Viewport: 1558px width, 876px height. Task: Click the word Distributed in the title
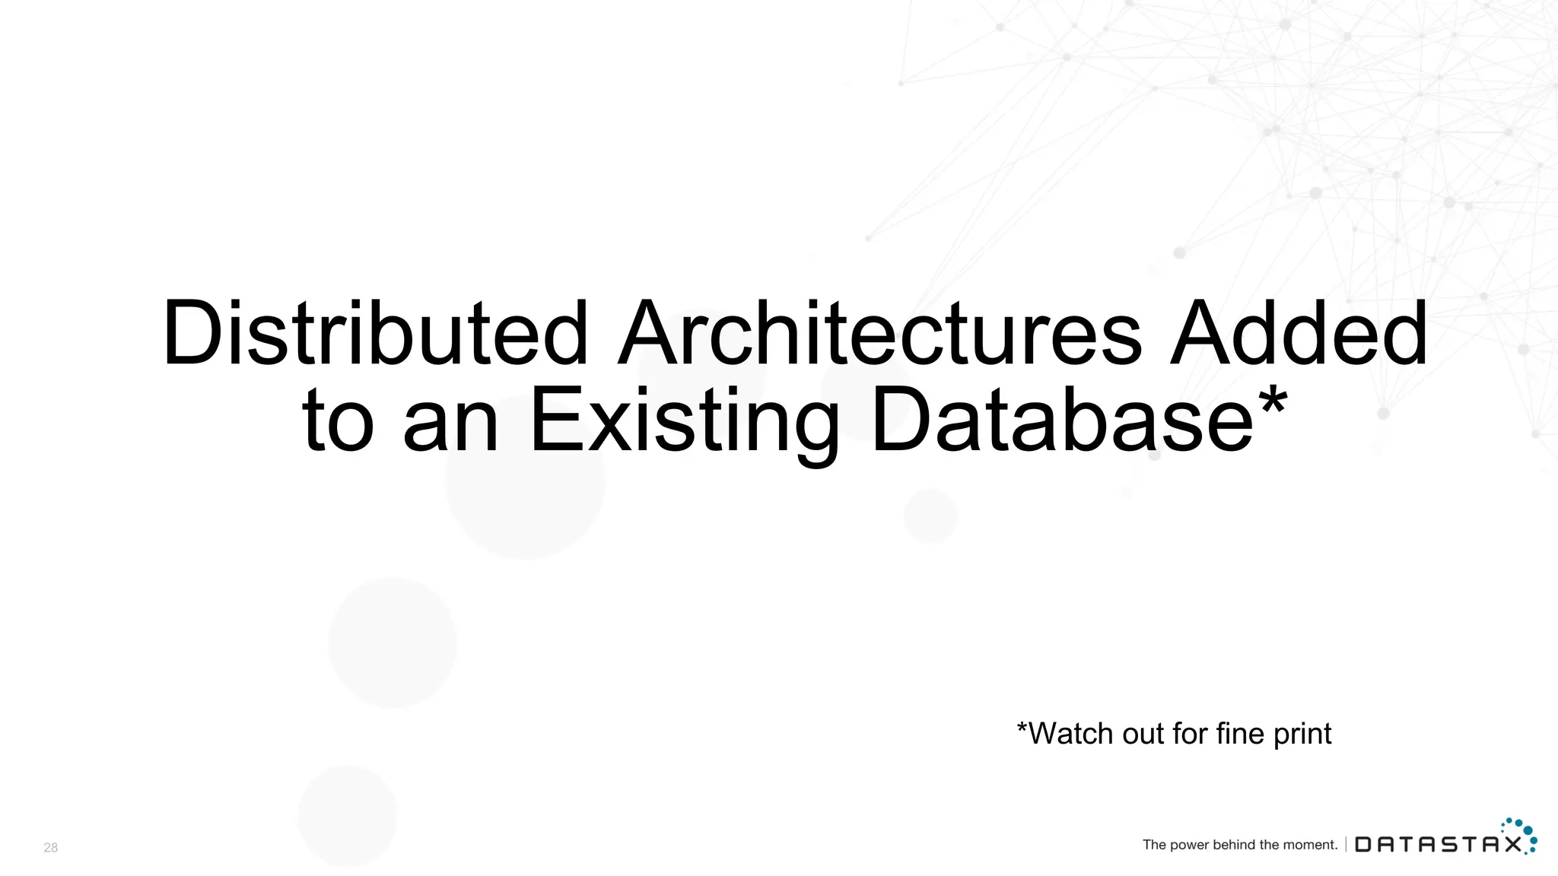[x=375, y=334]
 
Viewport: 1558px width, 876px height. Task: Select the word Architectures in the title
[x=880, y=334]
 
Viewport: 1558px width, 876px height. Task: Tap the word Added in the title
[x=1298, y=334]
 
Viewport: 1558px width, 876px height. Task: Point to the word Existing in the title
[x=684, y=421]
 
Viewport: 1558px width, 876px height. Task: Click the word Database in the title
[x=1062, y=419]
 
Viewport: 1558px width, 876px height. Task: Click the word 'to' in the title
[x=338, y=421]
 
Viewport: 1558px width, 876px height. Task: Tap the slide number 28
[x=51, y=848]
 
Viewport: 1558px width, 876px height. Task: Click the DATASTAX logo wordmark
[x=1439, y=845]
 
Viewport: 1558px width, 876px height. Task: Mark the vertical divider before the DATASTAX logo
[x=1346, y=844]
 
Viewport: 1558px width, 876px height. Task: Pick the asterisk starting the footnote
[x=1022, y=728]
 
